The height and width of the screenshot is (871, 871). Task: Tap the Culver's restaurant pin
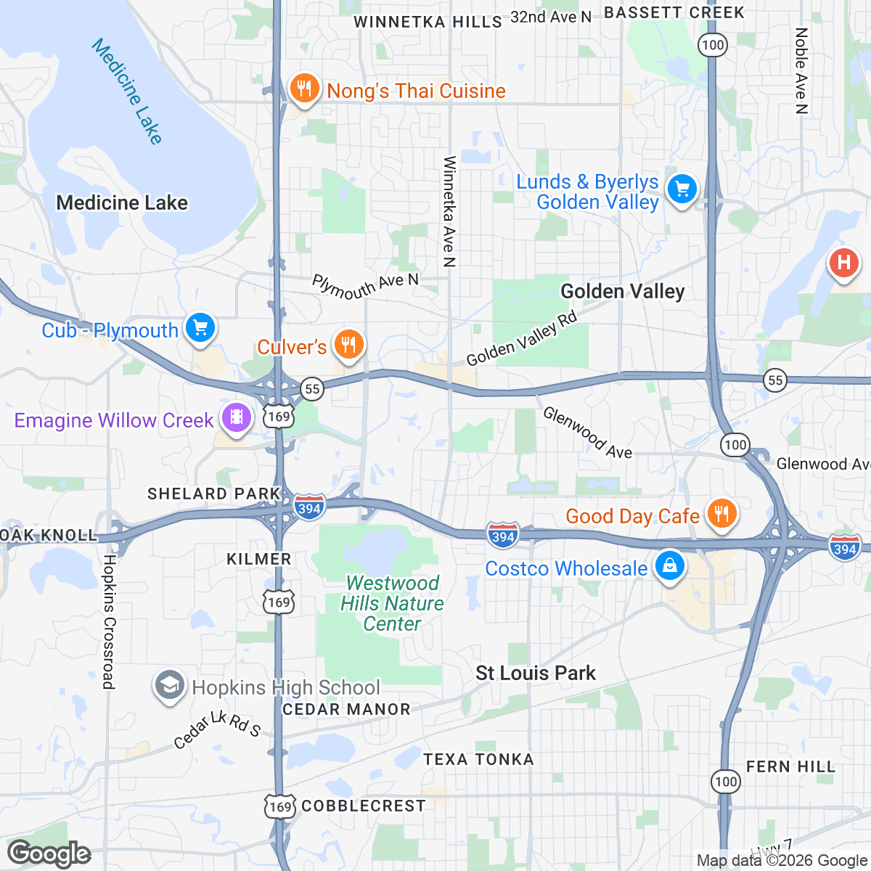click(x=349, y=344)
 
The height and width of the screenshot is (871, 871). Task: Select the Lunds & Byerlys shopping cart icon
click(x=682, y=190)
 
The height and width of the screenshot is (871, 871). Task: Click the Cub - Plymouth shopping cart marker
click(x=200, y=328)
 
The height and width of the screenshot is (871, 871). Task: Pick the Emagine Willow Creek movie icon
click(x=237, y=417)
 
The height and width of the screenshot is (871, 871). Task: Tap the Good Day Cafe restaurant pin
click(x=721, y=514)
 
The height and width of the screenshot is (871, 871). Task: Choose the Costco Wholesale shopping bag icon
click(x=669, y=565)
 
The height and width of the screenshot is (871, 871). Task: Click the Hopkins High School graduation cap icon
click(x=169, y=684)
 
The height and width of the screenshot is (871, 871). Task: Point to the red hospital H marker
click(x=844, y=262)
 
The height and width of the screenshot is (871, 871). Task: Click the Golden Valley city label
click(x=623, y=292)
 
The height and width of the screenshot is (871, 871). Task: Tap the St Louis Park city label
click(x=536, y=673)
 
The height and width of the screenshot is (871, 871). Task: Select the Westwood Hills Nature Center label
click(x=392, y=603)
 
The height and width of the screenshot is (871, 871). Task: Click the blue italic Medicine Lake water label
click(x=127, y=91)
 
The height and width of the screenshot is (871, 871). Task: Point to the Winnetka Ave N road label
click(x=449, y=211)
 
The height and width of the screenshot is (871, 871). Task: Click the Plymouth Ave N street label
click(x=366, y=286)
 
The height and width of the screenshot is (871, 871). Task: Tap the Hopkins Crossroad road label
click(x=109, y=622)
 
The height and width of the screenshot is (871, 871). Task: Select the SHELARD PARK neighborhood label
click(x=214, y=494)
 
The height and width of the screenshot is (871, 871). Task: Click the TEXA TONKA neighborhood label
click(x=478, y=759)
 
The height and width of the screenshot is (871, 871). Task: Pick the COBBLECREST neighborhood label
click(x=364, y=806)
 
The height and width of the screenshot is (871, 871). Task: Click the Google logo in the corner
click(x=49, y=854)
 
